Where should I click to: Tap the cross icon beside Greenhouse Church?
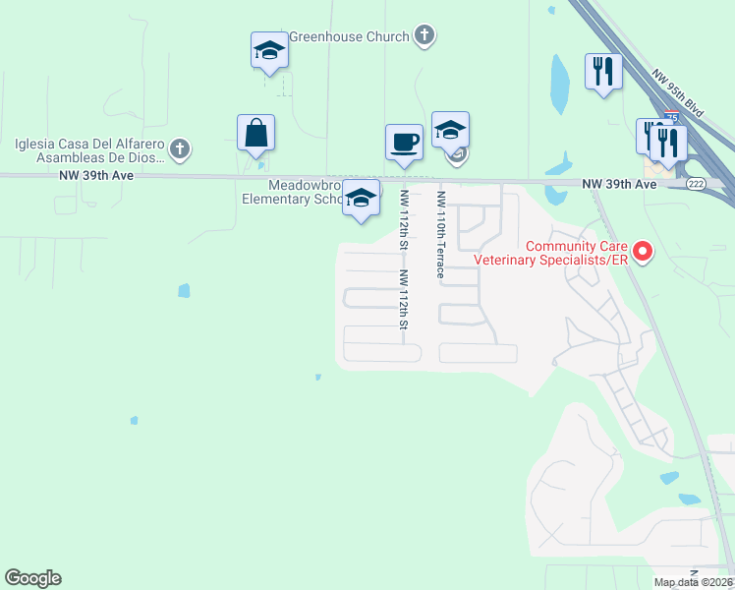click(x=424, y=37)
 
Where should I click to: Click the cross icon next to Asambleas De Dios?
click(x=179, y=149)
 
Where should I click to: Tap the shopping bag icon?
click(x=255, y=133)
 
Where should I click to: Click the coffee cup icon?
click(x=404, y=143)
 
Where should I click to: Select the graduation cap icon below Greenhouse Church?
click(x=269, y=51)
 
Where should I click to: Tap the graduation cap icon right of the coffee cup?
click(x=450, y=130)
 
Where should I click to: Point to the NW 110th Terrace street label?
click(x=440, y=234)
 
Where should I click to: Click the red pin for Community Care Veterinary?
click(x=643, y=252)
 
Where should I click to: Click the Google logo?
click(x=33, y=578)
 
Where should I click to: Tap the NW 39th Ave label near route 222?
click(x=618, y=184)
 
